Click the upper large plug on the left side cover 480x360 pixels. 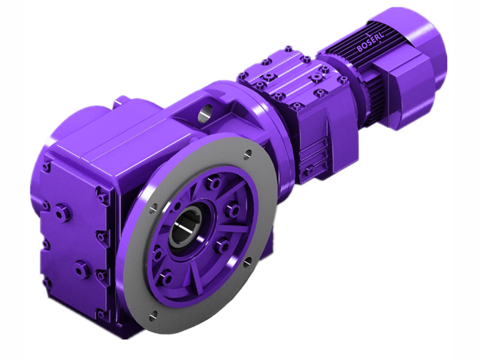(x=61, y=212)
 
